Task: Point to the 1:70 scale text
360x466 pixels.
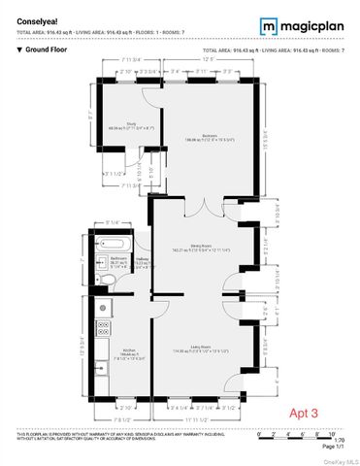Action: (x=338, y=439)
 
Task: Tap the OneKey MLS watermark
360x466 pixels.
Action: (x=338, y=459)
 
